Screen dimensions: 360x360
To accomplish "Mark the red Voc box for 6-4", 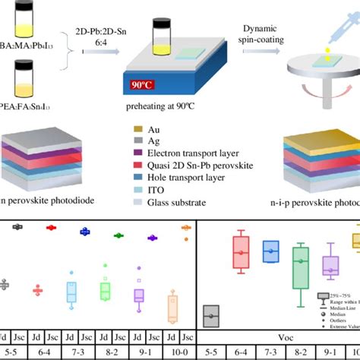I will tap(241, 251).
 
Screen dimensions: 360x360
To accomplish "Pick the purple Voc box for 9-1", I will tap(330, 266).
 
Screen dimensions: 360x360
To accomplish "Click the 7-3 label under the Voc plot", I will tap(270, 352).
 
